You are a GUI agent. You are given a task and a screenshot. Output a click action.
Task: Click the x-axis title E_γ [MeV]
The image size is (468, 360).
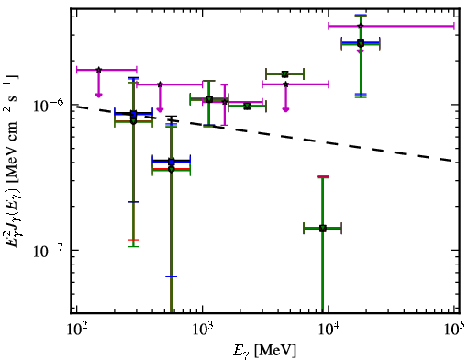coord(264,351)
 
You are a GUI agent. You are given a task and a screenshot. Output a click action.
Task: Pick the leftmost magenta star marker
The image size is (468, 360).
coord(98,70)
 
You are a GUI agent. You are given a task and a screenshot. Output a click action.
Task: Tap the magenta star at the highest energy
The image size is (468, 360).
coord(361,26)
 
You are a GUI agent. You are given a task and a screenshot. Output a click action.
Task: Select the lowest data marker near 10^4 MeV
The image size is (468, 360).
coord(323,229)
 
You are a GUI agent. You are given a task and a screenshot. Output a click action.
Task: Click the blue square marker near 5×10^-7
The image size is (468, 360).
coord(172,162)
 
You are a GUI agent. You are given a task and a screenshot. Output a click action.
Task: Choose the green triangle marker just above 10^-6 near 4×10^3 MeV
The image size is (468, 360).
coord(285,74)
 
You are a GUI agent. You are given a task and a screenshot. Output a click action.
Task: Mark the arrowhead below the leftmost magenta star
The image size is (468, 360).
coord(98,96)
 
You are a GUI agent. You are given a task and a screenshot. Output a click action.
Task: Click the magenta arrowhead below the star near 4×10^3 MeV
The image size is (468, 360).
coord(285,109)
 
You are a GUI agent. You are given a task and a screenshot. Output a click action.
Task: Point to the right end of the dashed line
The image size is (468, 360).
coord(453,161)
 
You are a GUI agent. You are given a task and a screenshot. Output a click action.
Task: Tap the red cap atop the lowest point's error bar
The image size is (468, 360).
coord(323,176)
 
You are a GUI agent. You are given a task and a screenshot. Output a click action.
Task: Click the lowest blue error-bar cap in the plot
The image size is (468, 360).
coord(172,276)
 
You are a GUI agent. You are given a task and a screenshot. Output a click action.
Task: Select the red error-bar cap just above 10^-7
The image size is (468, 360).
coord(133,240)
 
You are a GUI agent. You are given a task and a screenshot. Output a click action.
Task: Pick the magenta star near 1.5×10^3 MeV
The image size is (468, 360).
coord(225,102)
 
